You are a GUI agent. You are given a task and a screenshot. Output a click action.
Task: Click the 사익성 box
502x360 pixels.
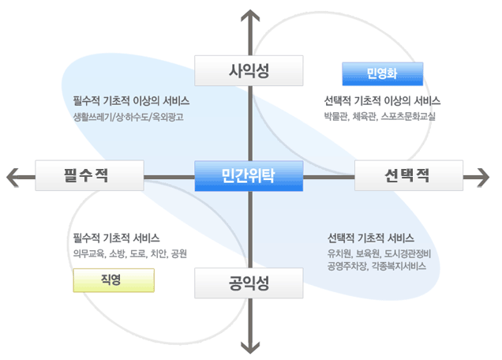249,70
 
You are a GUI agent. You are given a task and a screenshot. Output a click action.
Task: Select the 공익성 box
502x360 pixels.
249,283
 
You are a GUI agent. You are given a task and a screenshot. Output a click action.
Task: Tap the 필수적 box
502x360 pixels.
89,175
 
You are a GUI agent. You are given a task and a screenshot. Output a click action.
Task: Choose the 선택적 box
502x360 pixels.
409,175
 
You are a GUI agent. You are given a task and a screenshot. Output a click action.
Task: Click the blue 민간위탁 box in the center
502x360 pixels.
249,176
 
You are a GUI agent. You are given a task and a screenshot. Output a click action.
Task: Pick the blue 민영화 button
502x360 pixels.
383,74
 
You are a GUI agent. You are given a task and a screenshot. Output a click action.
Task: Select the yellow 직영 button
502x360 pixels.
114,280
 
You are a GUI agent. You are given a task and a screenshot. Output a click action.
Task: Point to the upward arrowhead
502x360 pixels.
250,15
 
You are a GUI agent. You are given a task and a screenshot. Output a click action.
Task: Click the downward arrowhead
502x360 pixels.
250,348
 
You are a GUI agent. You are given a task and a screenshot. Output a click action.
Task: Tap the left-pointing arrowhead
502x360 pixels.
12,177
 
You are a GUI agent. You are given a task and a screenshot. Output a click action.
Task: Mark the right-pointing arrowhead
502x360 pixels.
483,177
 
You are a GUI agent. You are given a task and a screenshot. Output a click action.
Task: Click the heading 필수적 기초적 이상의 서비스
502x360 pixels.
131,101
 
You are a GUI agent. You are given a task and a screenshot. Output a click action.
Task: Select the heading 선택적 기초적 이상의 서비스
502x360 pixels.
382,101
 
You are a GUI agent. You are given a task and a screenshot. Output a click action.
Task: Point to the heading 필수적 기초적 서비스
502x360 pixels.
117,238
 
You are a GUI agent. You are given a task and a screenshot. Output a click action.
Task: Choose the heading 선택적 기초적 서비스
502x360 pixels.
371,238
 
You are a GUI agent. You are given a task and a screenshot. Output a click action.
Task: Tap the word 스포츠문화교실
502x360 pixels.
408,116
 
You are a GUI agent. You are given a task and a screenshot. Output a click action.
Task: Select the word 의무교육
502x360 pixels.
88,253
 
